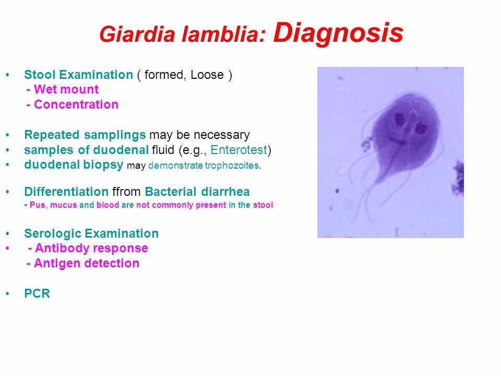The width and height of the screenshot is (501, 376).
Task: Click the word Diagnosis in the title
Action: (x=338, y=33)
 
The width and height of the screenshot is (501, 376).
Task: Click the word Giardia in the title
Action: (x=137, y=34)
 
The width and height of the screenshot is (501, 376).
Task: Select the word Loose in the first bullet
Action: (x=207, y=75)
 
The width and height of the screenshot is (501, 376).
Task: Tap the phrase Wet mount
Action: (x=66, y=89)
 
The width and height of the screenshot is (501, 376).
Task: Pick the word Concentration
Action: (x=76, y=104)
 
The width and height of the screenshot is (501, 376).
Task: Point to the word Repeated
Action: (x=52, y=135)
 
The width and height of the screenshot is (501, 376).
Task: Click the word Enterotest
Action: (x=238, y=150)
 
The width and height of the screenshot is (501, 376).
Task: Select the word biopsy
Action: (x=103, y=166)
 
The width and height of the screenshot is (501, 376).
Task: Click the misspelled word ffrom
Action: (x=126, y=192)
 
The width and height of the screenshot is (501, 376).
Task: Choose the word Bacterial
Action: (x=170, y=192)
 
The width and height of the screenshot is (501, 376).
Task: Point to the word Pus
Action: (x=38, y=205)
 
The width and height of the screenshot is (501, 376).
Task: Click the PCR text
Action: (x=37, y=293)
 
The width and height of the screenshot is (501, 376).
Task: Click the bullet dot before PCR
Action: (x=7, y=293)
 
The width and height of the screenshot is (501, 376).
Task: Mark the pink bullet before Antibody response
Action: (x=7, y=248)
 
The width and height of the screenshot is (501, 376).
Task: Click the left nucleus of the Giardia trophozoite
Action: (x=399, y=120)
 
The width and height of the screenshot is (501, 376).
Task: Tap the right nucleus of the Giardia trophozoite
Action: (x=421, y=128)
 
